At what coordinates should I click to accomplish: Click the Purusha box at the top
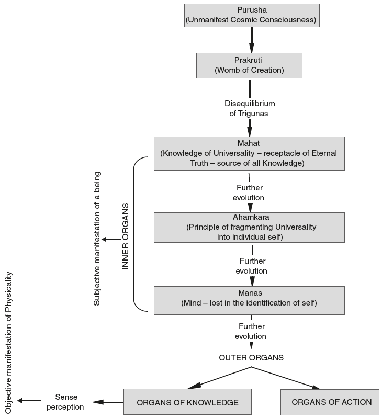(x=252, y=15)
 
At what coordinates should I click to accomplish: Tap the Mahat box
(x=249, y=153)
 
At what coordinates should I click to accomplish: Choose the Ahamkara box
(x=249, y=227)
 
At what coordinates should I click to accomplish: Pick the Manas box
(x=249, y=300)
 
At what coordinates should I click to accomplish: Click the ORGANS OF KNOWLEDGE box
(x=187, y=402)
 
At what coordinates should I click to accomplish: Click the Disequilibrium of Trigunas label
(x=249, y=108)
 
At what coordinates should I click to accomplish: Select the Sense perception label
(x=65, y=402)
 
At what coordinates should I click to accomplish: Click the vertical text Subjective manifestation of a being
(x=97, y=238)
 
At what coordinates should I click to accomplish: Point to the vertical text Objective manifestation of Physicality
(x=8, y=343)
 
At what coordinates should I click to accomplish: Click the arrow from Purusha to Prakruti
(x=252, y=39)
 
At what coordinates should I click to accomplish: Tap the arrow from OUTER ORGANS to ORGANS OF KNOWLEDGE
(x=220, y=378)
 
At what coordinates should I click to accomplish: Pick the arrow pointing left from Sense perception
(x=29, y=401)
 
